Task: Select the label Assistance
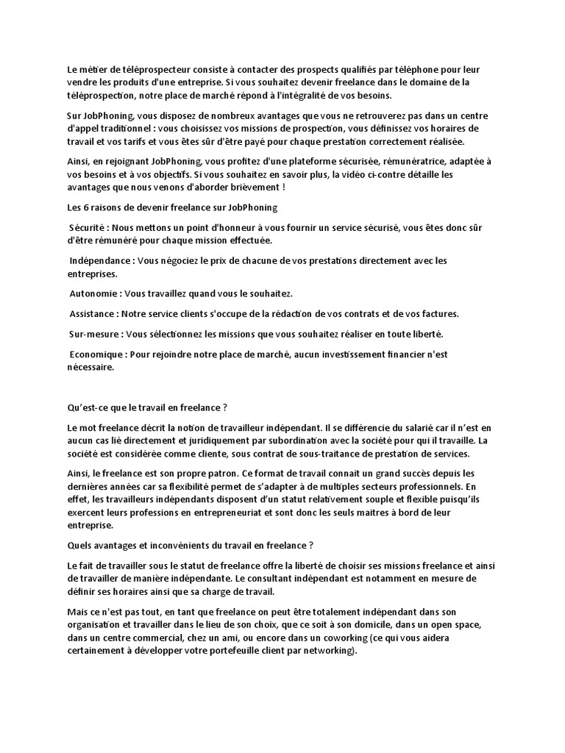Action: [x=93, y=313]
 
